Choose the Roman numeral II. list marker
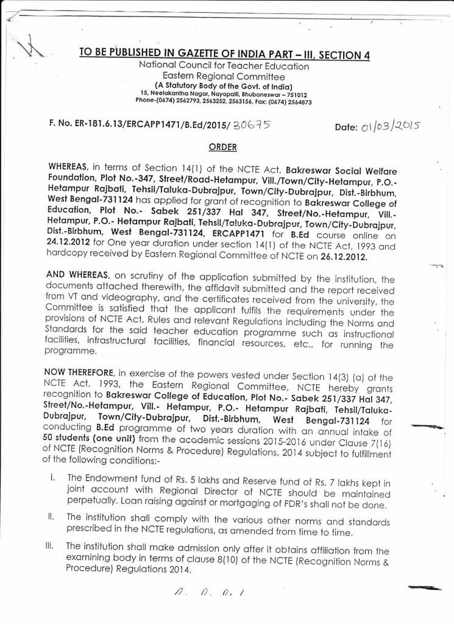coord(52,516)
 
